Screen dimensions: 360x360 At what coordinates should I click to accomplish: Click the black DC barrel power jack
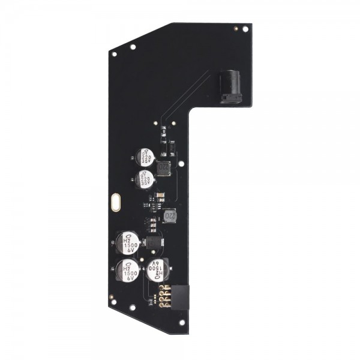click(231, 87)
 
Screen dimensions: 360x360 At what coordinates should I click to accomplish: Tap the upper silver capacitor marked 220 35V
click(145, 158)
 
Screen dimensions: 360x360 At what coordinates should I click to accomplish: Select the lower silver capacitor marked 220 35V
click(145, 178)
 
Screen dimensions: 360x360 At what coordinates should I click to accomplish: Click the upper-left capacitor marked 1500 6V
click(128, 243)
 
